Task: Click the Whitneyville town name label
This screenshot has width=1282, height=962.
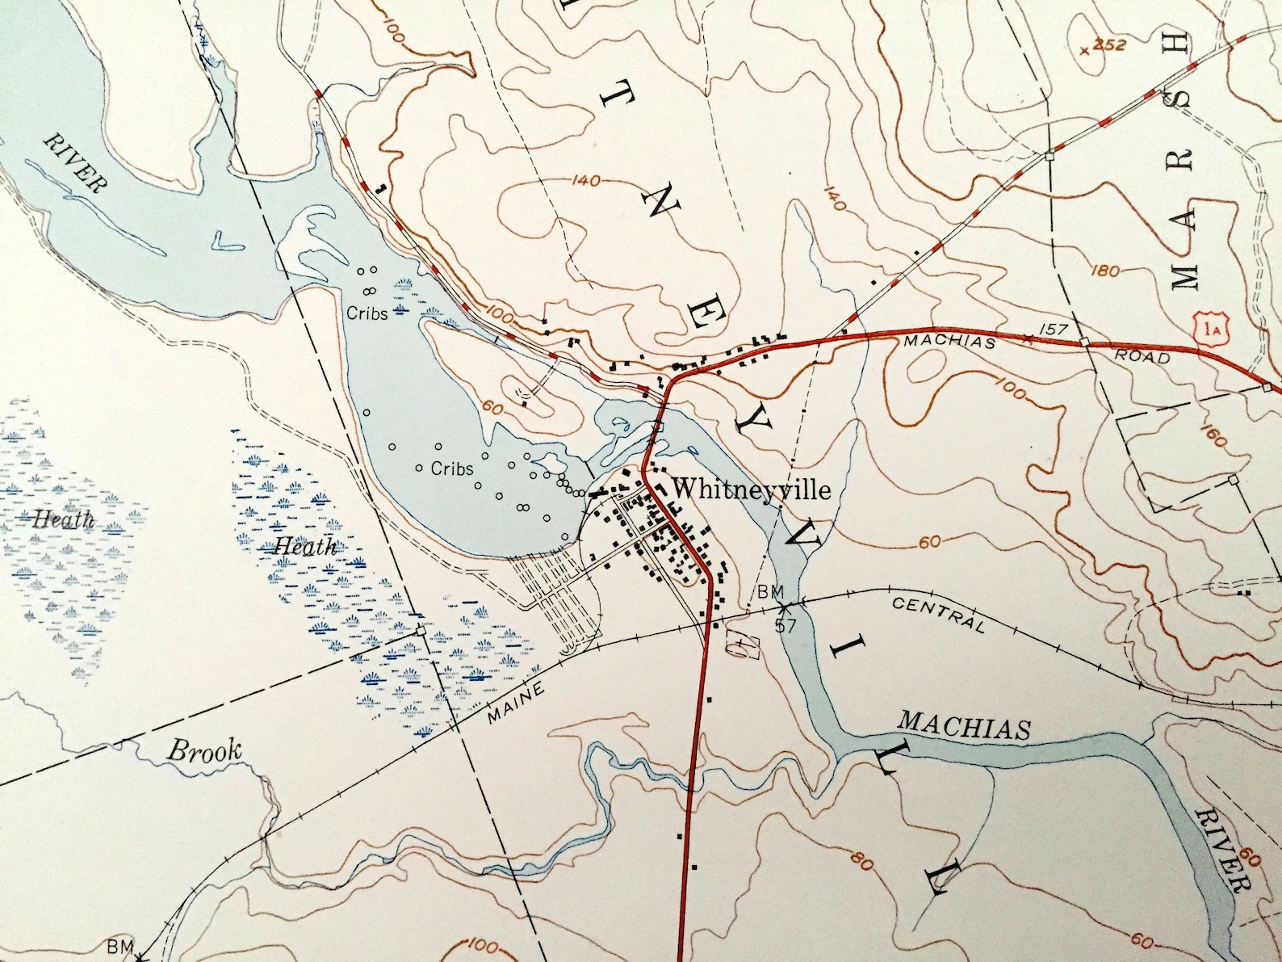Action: pyautogui.click(x=751, y=489)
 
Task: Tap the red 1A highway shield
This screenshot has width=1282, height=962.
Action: pyautogui.click(x=1209, y=329)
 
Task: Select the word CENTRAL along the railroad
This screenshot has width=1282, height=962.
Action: pyautogui.click(x=939, y=614)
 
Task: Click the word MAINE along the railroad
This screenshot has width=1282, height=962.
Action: pyautogui.click(x=517, y=701)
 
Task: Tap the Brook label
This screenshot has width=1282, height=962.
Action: pyautogui.click(x=204, y=751)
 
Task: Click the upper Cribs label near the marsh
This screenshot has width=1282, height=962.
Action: pyautogui.click(x=367, y=313)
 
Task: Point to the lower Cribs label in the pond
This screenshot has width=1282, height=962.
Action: pyautogui.click(x=451, y=468)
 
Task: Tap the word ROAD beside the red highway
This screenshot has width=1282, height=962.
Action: pyautogui.click(x=1142, y=355)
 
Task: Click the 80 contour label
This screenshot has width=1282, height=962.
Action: pyautogui.click(x=861, y=861)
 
